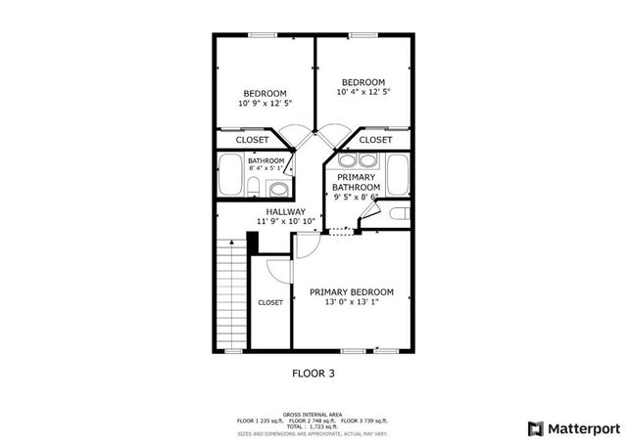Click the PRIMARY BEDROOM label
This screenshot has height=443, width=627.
[351, 292]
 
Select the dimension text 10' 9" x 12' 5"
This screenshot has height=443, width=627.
[265, 104]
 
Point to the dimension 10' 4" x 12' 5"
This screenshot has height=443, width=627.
[363, 92]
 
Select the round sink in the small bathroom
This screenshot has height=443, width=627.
[277, 189]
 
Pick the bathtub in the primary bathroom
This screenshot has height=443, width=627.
[397, 174]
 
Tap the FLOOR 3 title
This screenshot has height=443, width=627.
[313, 373]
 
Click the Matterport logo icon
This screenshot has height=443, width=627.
[534, 427]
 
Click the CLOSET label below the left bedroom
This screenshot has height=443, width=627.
[252, 140]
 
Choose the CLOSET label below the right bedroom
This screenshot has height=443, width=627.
[375, 140]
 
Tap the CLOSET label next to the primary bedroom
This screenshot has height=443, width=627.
[270, 303]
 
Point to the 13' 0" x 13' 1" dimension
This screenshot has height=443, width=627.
[351, 303]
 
